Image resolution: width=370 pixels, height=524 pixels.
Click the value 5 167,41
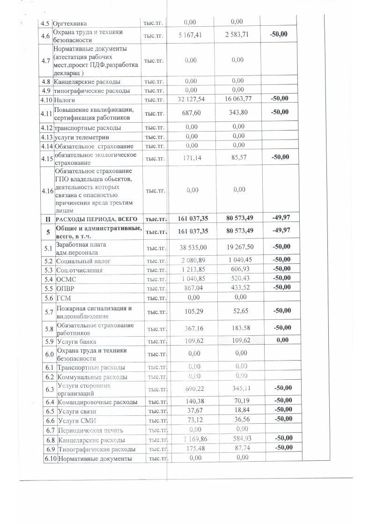click(x=189, y=35)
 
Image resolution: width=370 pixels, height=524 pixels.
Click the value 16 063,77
click(x=237, y=99)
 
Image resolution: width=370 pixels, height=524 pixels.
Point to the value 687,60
click(x=189, y=113)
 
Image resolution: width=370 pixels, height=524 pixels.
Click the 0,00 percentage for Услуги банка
click(x=282, y=340)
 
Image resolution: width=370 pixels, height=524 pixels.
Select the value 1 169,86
click(x=191, y=440)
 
